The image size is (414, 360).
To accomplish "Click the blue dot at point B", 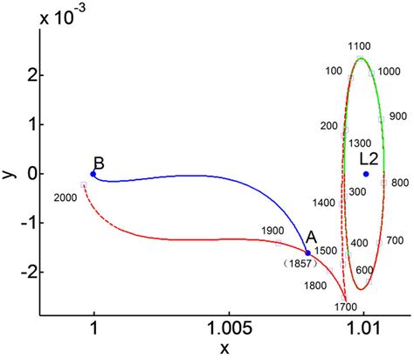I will [93, 174].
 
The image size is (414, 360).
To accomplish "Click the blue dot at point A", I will [307, 253].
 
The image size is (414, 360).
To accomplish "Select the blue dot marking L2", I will [366, 174].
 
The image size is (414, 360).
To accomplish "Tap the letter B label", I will [100, 163].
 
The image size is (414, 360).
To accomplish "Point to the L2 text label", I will [369, 158].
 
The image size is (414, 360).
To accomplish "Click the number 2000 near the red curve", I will [66, 197].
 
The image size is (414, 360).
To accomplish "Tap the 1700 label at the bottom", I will [347, 307].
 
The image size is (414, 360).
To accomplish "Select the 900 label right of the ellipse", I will [398, 115].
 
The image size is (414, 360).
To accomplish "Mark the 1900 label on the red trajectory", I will [273, 231].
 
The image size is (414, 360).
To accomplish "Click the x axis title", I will [224, 349].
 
